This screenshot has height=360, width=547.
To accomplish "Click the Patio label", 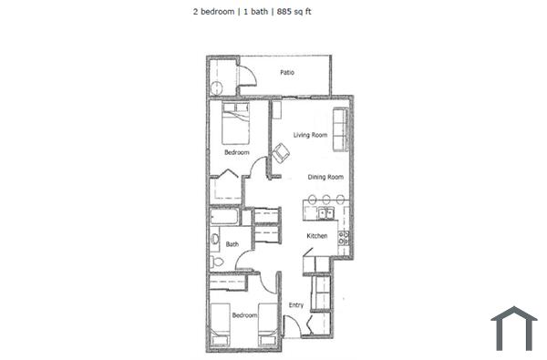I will pos(286,72).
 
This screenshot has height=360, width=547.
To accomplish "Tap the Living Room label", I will pos(310,135).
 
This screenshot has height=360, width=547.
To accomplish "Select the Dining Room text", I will pos(325,177).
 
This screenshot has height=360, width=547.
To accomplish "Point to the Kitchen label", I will pos(316,236).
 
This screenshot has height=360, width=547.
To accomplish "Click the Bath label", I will pos(232,244).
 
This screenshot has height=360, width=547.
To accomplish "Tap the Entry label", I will pos(296,305).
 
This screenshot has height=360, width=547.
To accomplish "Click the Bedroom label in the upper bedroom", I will pos(237,152).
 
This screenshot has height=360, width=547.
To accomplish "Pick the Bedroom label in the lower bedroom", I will pos(243,315).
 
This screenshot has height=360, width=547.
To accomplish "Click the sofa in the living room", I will pos(341,129).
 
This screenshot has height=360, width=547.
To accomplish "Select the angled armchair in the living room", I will pos(278,153).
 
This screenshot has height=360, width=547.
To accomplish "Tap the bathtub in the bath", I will pos(224,218).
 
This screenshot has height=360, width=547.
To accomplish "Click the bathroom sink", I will pos(214,242).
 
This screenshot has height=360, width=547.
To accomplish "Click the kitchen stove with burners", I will pos(344,239).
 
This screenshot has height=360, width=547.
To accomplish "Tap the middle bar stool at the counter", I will pos(325,200).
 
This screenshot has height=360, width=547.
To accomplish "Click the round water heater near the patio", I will pos(216,88).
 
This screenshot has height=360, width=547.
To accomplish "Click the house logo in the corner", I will pos(513,329).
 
